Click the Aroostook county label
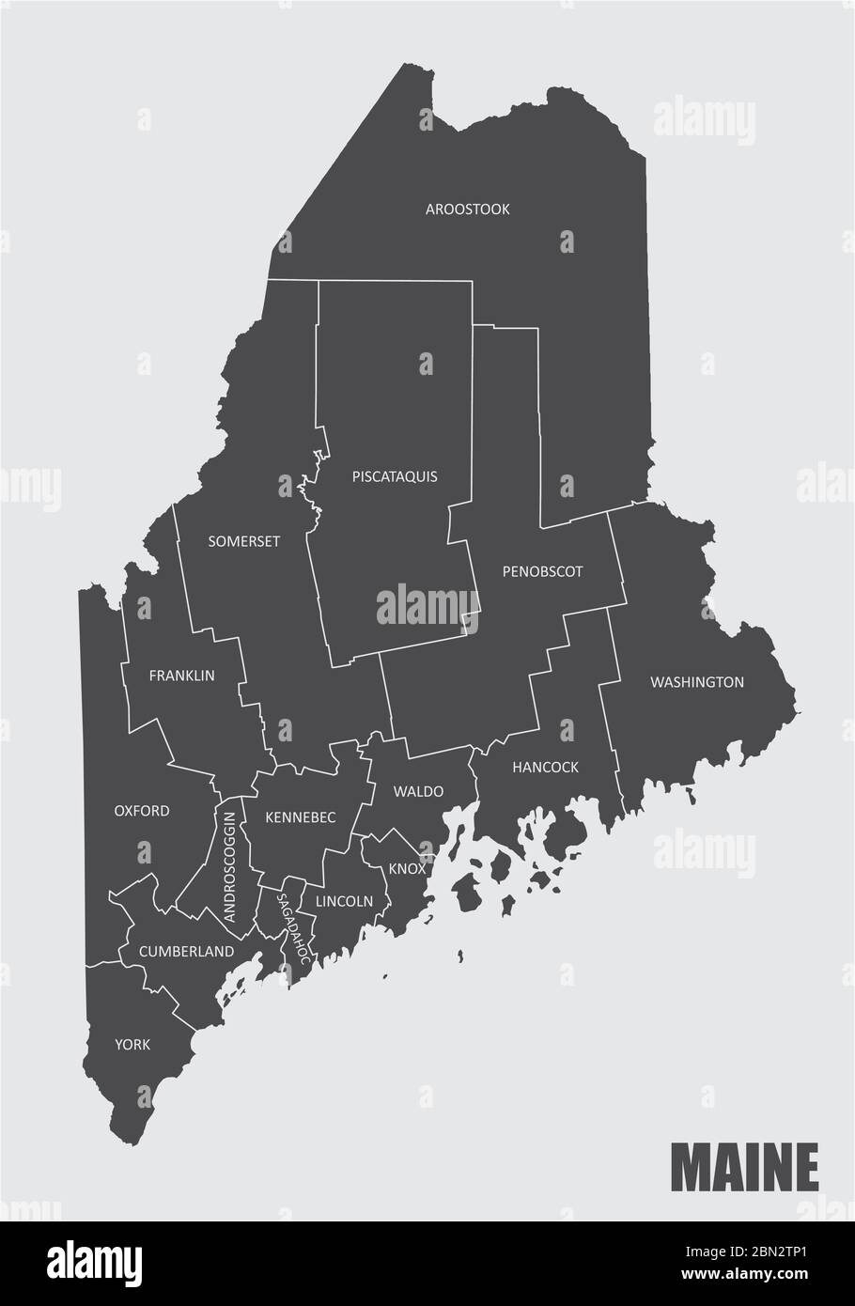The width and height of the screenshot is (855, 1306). (467, 210)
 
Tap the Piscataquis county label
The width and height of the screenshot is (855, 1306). (395, 476)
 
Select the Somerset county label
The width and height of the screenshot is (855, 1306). (244, 541)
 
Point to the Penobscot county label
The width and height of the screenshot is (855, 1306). (542, 571)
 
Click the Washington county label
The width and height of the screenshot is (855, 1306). (697, 682)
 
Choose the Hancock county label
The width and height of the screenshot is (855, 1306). (545, 768)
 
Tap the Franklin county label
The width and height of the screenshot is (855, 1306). (182, 676)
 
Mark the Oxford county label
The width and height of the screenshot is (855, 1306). (142, 810)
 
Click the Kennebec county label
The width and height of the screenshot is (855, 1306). (301, 817)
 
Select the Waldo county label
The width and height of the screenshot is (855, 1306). (418, 791)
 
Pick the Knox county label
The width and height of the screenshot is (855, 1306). (408, 869)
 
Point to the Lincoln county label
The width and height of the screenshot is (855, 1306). (345, 901)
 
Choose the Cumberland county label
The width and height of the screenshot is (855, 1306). (186, 952)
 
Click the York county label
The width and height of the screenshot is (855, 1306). (132, 1044)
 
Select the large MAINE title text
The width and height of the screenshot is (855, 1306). (744, 1168)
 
